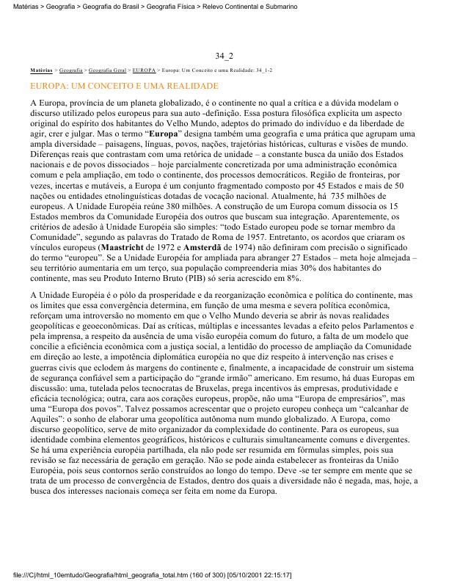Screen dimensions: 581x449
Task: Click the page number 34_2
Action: tap(224, 56)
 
